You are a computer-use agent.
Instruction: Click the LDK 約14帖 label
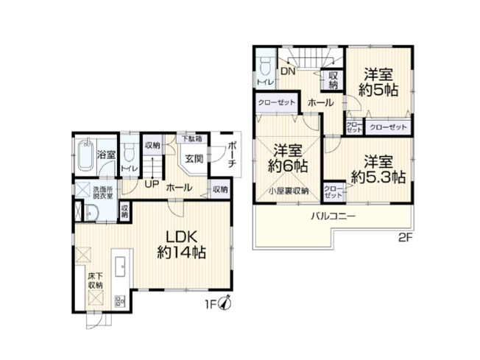[x=180, y=245]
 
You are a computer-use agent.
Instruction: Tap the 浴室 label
[x=106, y=155]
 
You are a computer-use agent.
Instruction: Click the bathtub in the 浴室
[x=85, y=156]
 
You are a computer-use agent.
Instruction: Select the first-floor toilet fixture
[x=129, y=153]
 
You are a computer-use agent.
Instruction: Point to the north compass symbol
[x=227, y=303]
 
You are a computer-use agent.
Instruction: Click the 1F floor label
[x=211, y=303]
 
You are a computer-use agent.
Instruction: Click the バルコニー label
[x=333, y=216]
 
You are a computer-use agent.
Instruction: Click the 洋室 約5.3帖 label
[x=378, y=169]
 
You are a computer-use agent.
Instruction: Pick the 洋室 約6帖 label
[x=287, y=157]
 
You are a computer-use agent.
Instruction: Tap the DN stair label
[x=288, y=72]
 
